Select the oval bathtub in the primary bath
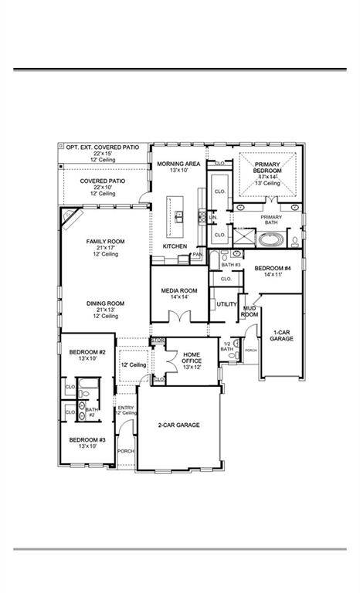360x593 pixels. tap(270, 239)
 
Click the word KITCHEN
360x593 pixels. tap(175, 246)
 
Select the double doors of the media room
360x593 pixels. tap(180, 317)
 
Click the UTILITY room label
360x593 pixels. tap(226, 304)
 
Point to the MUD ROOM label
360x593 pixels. tap(250, 311)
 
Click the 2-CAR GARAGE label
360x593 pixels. tap(179, 425)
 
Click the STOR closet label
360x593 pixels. tap(158, 340)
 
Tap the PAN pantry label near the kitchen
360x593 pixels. tap(197, 254)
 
